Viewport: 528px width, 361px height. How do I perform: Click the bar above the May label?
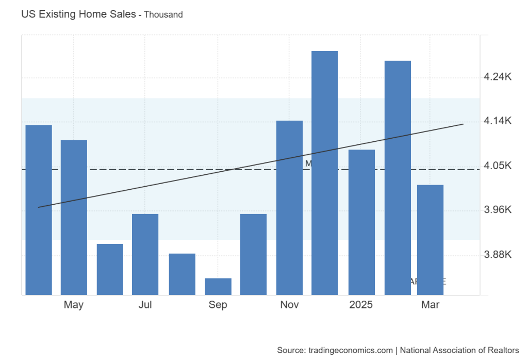(x=74, y=217)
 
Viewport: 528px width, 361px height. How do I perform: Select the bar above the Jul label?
(x=145, y=254)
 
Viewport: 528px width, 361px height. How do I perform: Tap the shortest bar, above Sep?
(x=218, y=286)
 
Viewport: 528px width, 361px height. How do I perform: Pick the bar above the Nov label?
(x=289, y=207)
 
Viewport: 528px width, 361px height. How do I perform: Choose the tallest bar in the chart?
(x=325, y=173)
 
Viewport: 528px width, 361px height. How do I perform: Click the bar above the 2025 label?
(x=361, y=222)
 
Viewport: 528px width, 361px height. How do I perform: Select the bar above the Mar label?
(x=431, y=239)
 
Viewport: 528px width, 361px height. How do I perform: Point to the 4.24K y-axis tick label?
(x=498, y=77)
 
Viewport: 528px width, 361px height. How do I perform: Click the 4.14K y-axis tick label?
(x=498, y=121)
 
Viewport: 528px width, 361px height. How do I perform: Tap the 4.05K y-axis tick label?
(x=498, y=166)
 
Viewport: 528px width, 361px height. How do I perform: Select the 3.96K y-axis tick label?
(x=498, y=210)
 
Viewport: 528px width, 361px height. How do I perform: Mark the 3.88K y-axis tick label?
(x=498, y=255)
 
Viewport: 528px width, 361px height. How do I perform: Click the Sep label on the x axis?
(x=218, y=305)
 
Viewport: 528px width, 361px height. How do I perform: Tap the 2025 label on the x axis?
(x=361, y=305)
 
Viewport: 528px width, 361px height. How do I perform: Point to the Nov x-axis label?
(x=289, y=305)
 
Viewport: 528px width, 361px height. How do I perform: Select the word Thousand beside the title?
(x=163, y=15)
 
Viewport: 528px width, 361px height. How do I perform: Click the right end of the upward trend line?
(x=463, y=124)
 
